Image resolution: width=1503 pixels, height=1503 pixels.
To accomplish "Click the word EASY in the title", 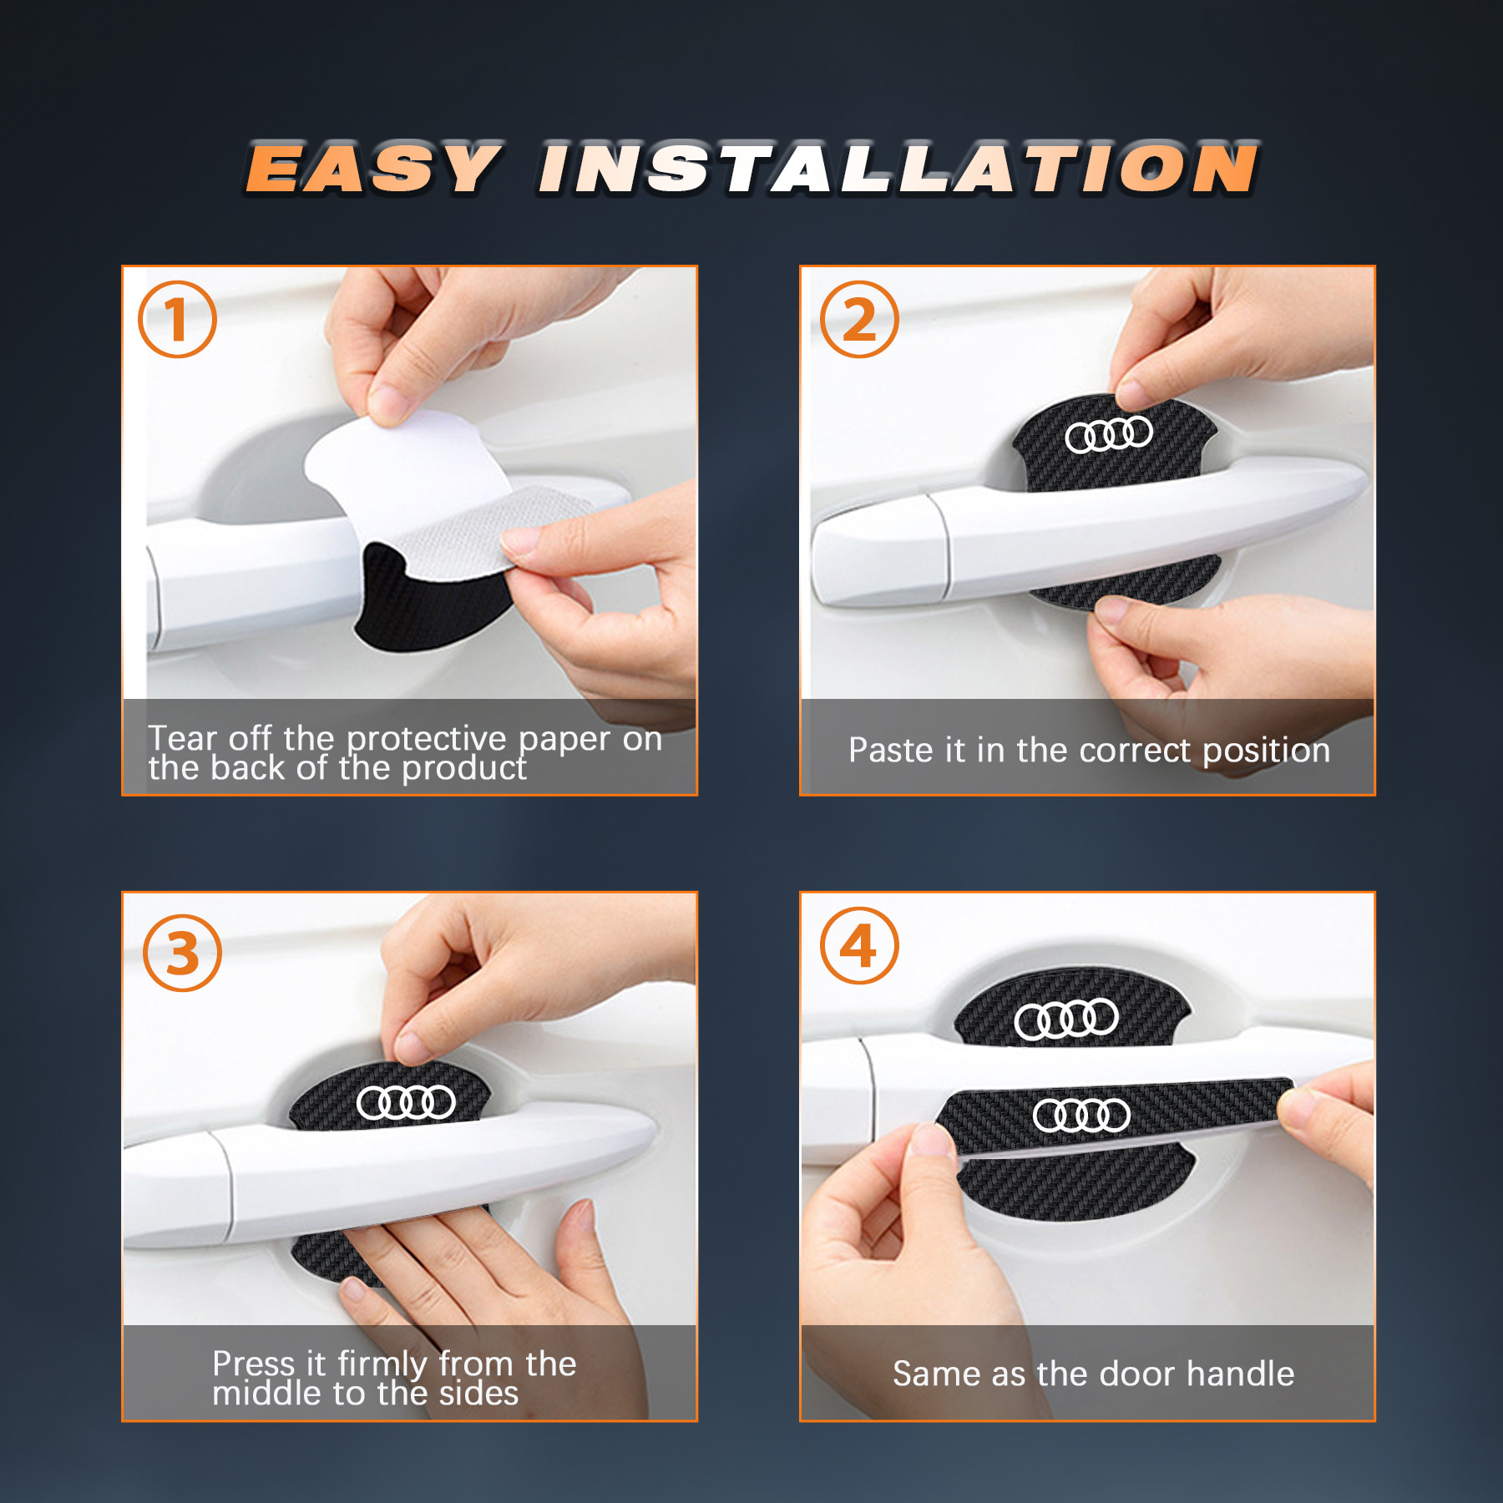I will pos(372,170).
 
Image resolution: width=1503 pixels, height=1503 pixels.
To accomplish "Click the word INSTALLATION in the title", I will pos(898,170).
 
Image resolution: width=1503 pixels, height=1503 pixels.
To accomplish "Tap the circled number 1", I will pos(177,320).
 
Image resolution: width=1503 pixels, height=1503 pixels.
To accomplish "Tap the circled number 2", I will pos(859,320).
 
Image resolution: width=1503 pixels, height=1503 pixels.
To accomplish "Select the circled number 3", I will pos(182,953).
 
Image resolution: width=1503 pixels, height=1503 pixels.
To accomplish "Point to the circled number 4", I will pos(859,946).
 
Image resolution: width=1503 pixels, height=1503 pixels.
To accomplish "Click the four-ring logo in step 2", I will pos(1109,434).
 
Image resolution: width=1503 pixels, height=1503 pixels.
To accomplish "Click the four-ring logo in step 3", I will pos(406,1102).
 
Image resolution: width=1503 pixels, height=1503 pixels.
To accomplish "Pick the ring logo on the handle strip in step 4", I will pos(1081,1116).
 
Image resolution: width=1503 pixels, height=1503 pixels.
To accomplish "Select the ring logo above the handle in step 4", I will pos(1066,1020).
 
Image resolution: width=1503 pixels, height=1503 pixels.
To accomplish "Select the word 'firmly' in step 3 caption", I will pos(382,1364).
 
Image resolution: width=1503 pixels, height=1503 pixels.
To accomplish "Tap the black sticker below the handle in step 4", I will pos(1077,1186).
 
